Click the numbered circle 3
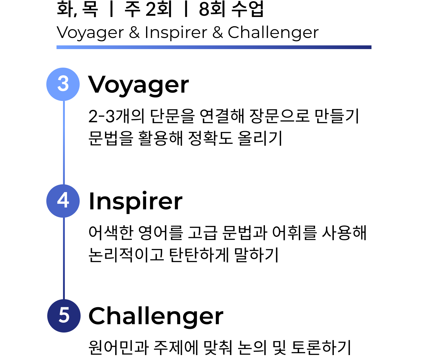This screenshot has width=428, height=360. click(x=63, y=84)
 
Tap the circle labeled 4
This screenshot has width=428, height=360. click(x=63, y=201)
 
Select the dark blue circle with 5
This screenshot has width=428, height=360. click(x=64, y=316)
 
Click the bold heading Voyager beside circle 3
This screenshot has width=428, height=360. click(x=138, y=85)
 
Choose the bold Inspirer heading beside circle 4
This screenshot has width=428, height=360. click(x=136, y=202)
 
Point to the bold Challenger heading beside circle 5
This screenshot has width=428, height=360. click(x=156, y=317)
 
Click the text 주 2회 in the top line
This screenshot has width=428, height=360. click(x=148, y=9)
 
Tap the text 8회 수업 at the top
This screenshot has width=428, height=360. click(x=231, y=9)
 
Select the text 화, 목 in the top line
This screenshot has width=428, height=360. click(x=77, y=9)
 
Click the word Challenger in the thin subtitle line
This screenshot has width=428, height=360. click(x=273, y=32)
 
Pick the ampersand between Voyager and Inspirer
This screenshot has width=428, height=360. click(x=134, y=32)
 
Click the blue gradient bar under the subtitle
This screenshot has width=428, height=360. click(x=214, y=47)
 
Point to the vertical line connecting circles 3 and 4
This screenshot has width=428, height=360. click(x=64, y=143)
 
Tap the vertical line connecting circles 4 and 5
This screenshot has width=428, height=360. click(x=64, y=258)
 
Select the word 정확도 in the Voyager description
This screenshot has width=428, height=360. click(x=210, y=138)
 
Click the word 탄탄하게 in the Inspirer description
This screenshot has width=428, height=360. click(x=199, y=255)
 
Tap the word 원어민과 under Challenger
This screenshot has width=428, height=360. click(x=119, y=348)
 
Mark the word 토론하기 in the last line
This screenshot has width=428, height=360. click(x=321, y=348)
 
